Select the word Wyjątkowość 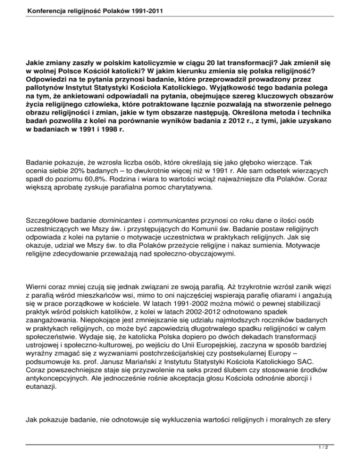240,87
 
